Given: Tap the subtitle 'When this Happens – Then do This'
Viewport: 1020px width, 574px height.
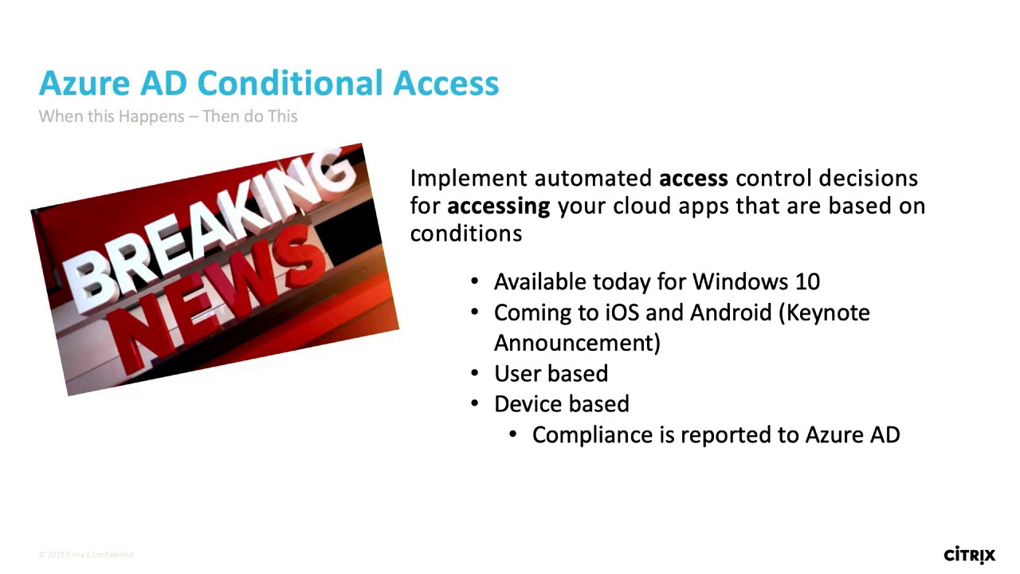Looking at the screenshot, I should pos(168,116).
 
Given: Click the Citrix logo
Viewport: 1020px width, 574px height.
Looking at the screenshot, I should pos(969,554).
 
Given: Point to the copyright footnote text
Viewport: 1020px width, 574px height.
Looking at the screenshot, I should pos(87,555).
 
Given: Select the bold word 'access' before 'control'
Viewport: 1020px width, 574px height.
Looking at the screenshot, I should pos(693,178).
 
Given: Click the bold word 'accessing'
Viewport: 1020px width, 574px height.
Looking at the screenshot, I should pos(498,206).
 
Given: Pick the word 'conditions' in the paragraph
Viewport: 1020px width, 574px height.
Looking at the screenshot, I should pos(466,234).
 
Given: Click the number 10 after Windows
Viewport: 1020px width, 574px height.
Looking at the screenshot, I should pos(807,281).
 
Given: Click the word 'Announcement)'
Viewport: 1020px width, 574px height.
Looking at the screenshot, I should pos(577,343).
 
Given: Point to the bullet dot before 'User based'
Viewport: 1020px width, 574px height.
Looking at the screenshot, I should pos(476,372).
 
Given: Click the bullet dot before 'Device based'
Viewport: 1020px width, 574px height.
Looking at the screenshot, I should pos(476,403).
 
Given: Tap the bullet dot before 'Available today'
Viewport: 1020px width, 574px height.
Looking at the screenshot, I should pos(476,281).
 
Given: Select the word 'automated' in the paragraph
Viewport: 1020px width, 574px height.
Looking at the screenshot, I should pos(593,178).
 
